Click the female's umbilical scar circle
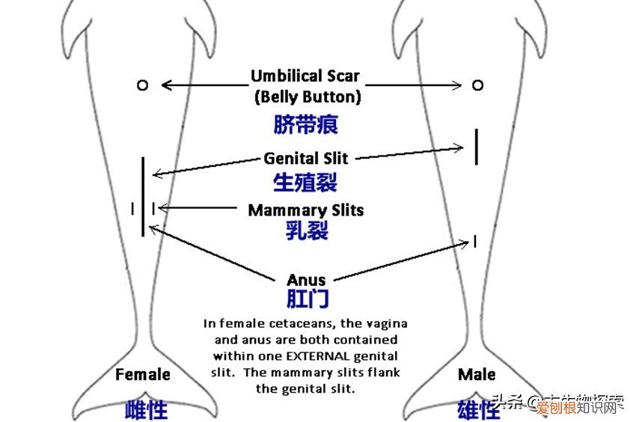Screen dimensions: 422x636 142,85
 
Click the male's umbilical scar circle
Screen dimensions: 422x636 477,85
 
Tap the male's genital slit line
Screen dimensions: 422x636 476,147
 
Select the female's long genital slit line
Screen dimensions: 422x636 142,196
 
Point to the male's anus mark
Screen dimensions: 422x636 474,241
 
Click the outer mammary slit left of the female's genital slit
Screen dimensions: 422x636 132,209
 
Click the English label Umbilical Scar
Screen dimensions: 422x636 305,76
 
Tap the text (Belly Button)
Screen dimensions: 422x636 308,96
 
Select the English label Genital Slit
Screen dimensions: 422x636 306,159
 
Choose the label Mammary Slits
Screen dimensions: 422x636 305,210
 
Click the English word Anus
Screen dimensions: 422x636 306,281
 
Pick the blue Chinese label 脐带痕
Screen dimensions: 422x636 305,123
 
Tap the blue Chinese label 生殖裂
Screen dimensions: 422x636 305,182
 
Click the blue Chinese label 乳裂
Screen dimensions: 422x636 306,230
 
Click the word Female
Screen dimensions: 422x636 143,374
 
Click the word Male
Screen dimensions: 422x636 477,374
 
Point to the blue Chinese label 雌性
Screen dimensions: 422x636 146,409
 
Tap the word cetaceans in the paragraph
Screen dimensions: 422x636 307,324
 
